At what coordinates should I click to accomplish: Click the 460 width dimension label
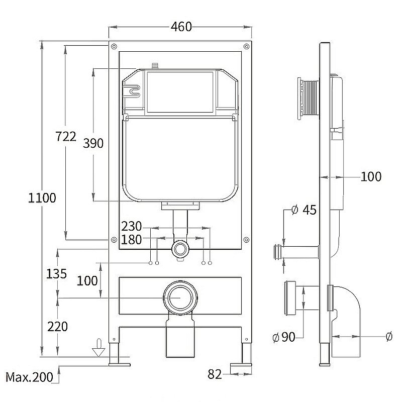coord(181,27)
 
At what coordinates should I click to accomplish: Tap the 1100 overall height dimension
coord(42,197)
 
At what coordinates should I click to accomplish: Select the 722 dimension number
coord(66,136)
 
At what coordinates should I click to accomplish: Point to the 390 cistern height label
coord(93,143)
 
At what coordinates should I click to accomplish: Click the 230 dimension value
coord(132,227)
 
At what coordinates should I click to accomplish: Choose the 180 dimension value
coord(132,240)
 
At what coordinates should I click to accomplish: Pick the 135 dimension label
coord(57,274)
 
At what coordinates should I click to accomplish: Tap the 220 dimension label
coord(57,327)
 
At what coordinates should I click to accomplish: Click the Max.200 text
coord(29,377)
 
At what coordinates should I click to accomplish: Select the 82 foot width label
coord(215,374)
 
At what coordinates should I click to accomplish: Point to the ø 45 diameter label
coord(304,210)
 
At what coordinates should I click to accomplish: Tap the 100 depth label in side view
coord(371,176)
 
